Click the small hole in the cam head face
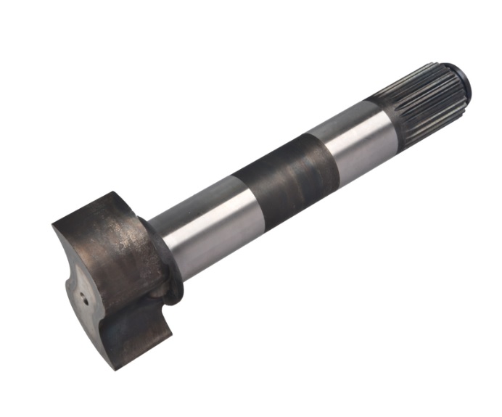[x=82, y=295]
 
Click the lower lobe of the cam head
[x=138, y=334]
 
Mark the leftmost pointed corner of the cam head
[x=54, y=226]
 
